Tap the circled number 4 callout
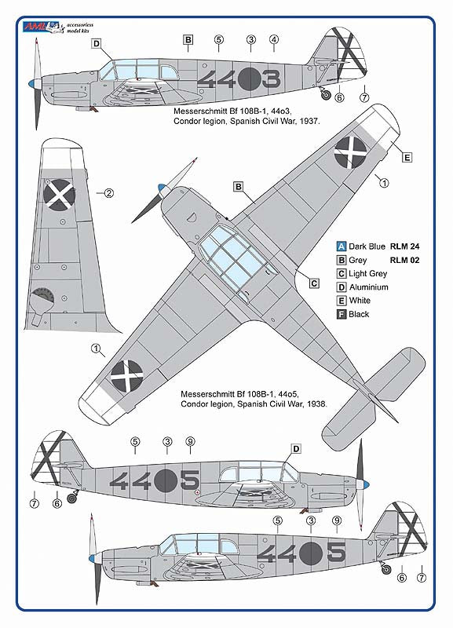273,39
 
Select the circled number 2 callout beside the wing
110,192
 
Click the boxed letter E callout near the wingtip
407,157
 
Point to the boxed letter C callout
313,283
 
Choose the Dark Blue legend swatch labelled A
341,245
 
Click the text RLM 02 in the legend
404,259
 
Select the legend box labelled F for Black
341,314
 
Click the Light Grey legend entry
367,273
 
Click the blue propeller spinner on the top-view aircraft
161,188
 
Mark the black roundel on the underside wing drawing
60,194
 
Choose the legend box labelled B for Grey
341,259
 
